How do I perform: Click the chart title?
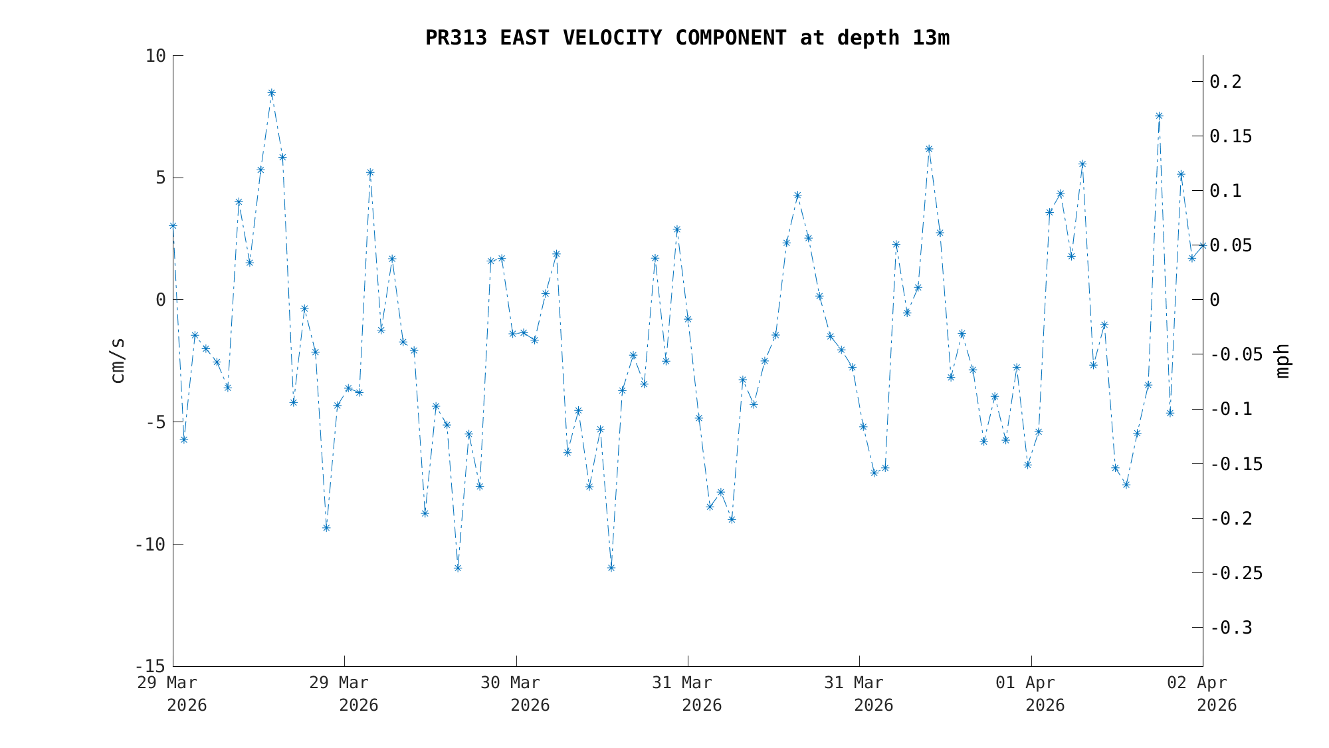point(687,38)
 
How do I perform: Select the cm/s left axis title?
point(118,360)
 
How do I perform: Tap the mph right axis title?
point(1282,361)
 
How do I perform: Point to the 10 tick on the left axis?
point(155,56)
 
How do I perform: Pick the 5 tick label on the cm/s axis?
point(160,178)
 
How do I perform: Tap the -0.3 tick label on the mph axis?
point(1231,628)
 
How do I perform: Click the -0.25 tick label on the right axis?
point(1236,573)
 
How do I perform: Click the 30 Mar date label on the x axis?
point(510,683)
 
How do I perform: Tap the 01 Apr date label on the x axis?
point(1025,683)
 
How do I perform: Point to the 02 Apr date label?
point(1197,683)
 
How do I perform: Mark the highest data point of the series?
point(271,93)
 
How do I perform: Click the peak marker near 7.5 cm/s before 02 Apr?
point(1159,116)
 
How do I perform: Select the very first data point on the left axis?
point(173,226)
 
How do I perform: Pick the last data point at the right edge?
point(1202,246)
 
